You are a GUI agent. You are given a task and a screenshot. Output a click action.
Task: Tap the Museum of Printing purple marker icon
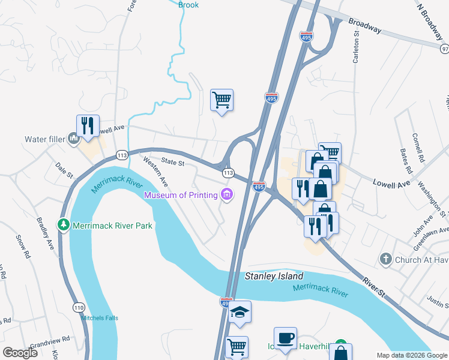[x=227, y=194]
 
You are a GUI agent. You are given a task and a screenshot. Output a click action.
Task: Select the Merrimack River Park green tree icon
[x=63, y=225]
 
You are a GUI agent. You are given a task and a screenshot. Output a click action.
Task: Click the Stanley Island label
[x=274, y=277]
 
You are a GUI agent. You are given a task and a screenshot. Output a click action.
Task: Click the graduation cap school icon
[x=240, y=312]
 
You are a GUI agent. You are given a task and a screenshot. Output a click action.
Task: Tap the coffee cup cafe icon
[x=285, y=338]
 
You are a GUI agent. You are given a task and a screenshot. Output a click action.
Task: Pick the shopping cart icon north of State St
[x=221, y=100]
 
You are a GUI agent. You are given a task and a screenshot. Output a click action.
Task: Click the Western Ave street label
[x=154, y=171]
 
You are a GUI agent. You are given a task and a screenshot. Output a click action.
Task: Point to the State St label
[x=172, y=162]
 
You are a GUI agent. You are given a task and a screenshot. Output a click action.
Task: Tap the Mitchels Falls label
[x=98, y=318]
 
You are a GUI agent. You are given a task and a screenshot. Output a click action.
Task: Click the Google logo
[x=20, y=352]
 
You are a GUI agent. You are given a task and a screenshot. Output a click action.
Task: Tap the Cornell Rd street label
[x=418, y=148]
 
